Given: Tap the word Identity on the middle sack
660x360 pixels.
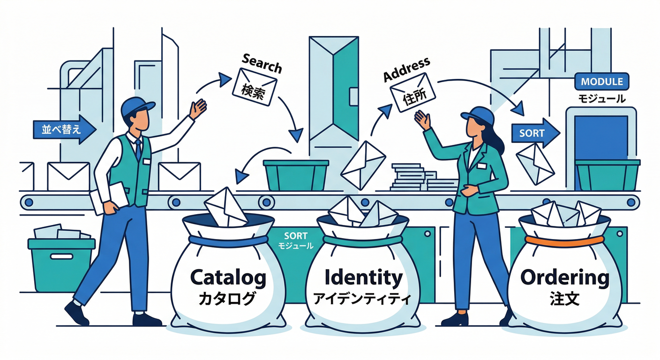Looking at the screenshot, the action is pos(363,277).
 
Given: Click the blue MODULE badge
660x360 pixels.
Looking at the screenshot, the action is pos(602,82).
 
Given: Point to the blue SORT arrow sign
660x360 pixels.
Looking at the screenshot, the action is pos(535,133).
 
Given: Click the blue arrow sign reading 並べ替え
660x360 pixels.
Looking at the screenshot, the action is pos(65,129).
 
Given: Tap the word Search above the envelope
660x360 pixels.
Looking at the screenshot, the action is pos(262,63).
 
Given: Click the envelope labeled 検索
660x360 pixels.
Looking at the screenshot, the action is pos(254,87).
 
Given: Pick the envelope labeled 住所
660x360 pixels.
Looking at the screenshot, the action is pos(412,92).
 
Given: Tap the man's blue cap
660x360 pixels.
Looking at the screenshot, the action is pos(137,106).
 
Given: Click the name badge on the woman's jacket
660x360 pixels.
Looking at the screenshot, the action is pos(482,166).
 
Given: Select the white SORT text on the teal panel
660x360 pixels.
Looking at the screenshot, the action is pos(295,236).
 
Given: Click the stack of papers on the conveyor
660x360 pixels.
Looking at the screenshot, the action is pos(423,177).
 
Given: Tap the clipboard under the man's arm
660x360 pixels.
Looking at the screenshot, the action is pos(109,197).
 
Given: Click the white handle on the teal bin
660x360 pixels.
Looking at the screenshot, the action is pos(61,256).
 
